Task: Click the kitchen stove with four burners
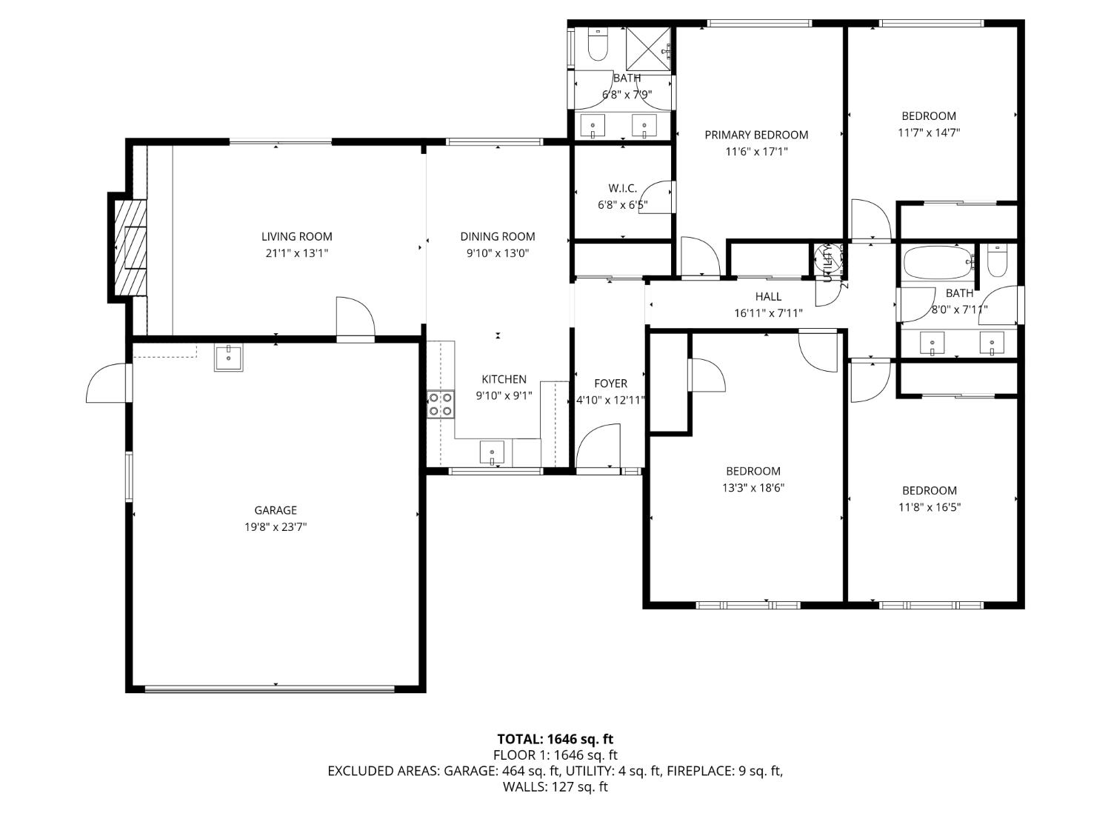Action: click(440, 404)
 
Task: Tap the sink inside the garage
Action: click(228, 357)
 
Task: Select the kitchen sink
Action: click(492, 452)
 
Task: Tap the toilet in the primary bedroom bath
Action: click(597, 46)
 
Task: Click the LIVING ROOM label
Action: click(296, 237)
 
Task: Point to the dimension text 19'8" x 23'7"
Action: click(276, 527)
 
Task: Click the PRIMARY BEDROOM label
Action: click(755, 135)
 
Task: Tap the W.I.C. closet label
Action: click(622, 189)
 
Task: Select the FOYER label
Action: click(610, 384)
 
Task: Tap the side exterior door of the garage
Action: click(108, 383)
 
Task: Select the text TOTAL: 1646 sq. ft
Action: click(555, 739)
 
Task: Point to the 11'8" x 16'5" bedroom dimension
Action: click(929, 507)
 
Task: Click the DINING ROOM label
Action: click(497, 237)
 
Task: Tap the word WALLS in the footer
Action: click(524, 787)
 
